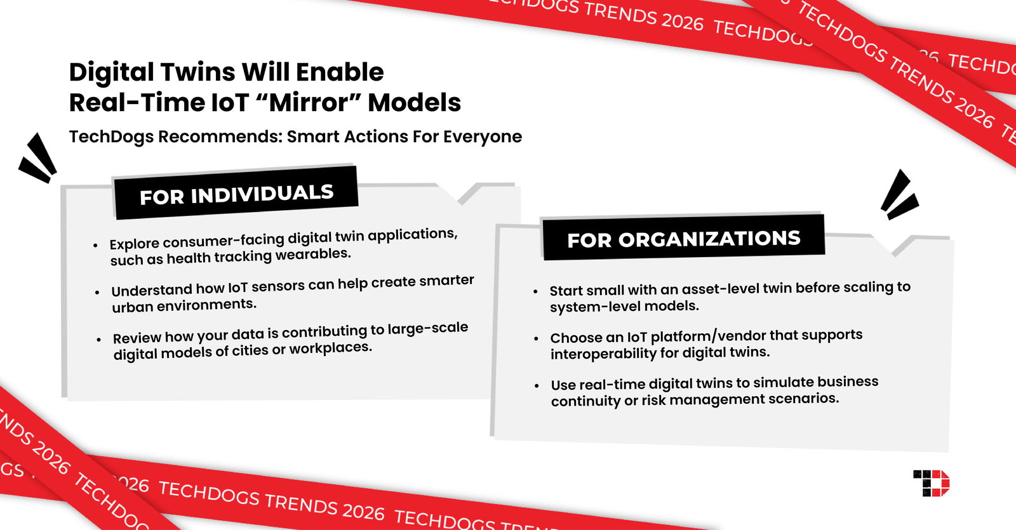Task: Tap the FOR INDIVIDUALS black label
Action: coord(236,194)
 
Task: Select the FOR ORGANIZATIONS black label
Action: coord(683,239)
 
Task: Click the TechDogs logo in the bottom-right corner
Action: coord(931,483)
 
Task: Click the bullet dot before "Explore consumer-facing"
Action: coord(95,245)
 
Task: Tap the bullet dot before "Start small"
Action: coord(535,291)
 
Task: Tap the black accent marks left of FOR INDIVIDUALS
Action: coord(38,159)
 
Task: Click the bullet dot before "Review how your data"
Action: coord(98,340)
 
